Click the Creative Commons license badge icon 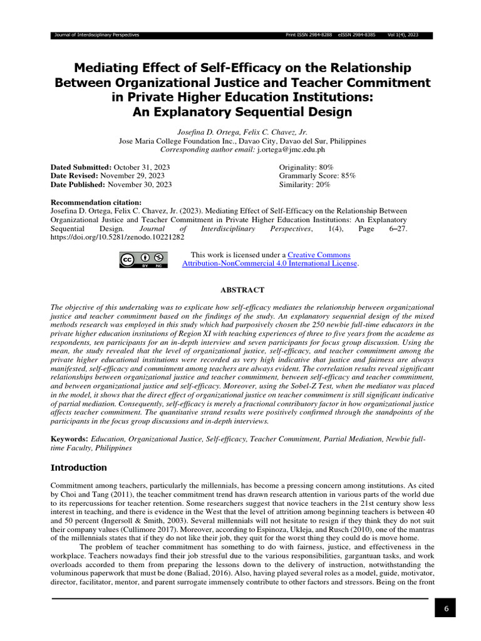tap(143, 260)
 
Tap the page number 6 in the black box tap(445, 608)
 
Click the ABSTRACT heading tap(242, 290)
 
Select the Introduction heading tap(78, 468)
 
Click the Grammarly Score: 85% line tap(317, 176)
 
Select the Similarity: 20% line tap(304, 185)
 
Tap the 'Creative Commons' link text tap(319, 255)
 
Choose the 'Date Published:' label tap(78, 185)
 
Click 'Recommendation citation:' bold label tap(96, 203)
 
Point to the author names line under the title tap(242, 132)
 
